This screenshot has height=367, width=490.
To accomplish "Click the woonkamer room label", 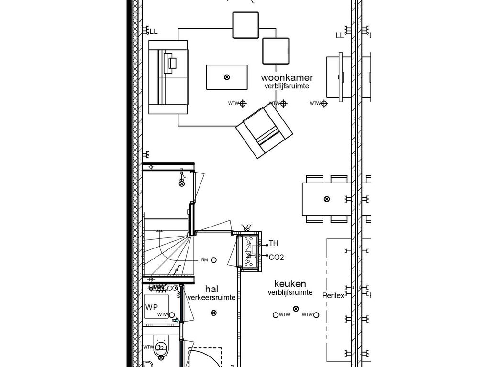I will (x=287, y=77).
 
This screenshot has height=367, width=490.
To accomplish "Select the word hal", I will (x=212, y=289).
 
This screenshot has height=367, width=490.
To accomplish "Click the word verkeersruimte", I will (x=212, y=297).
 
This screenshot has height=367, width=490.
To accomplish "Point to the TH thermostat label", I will (x=273, y=244).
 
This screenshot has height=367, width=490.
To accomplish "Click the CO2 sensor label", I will (x=276, y=257).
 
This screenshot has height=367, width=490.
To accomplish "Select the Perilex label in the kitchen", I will (x=333, y=296).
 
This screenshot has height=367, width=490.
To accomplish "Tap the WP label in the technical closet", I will (x=151, y=307).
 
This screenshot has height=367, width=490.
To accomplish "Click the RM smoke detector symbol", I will (x=214, y=260).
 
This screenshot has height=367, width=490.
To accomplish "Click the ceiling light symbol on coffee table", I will (x=227, y=77).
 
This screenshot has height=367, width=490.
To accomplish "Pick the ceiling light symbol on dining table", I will (x=327, y=199).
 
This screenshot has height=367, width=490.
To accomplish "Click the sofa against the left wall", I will (x=168, y=77).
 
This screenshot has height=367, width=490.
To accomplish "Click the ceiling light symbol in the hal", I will (x=213, y=313).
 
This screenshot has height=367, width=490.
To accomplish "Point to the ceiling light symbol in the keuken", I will (x=296, y=310).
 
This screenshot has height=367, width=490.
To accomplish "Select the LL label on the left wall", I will (x=154, y=32).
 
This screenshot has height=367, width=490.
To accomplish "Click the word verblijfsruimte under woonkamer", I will (x=287, y=86).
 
